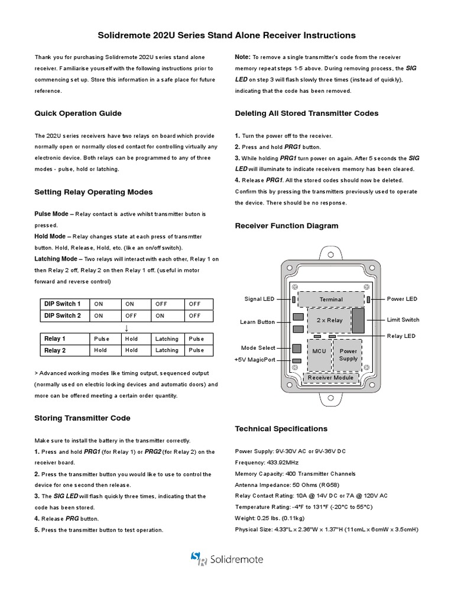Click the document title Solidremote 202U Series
click(226, 35)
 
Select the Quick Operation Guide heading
click(78, 113)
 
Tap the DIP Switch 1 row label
click(63, 304)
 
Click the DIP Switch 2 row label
click(63, 315)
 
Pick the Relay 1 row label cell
click(55, 339)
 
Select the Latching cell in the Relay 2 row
click(167, 350)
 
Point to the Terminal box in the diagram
click(331, 300)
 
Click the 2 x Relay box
click(330, 320)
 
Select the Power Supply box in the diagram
click(348, 354)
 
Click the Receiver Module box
click(330, 378)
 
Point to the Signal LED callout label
click(260, 300)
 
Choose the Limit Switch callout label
click(403, 320)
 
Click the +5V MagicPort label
click(255, 360)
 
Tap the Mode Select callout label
click(258, 348)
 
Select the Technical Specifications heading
click(281, 428)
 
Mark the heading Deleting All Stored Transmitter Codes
click(307, 113)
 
